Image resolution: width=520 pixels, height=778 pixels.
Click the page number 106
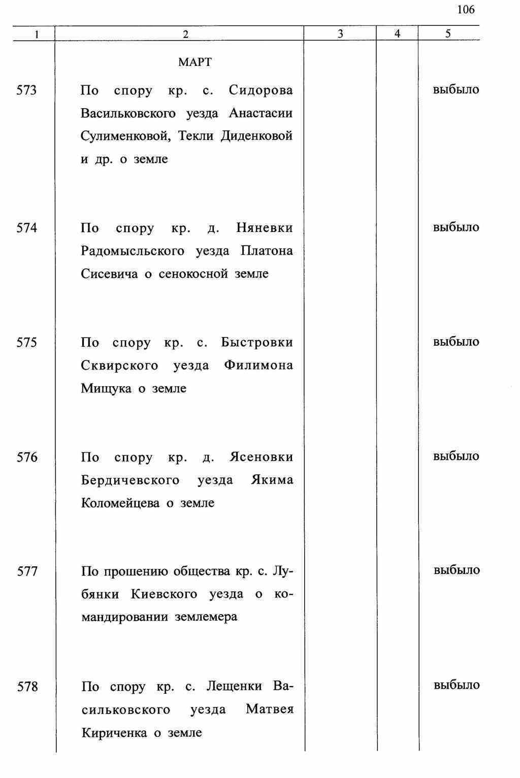pos(466,10)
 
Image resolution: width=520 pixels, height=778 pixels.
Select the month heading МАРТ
pos(195,63)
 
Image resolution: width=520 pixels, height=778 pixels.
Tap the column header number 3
pos(340,34)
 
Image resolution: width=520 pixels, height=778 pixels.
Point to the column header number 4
pos(397,34)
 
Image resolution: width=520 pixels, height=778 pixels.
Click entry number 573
pos(27,90)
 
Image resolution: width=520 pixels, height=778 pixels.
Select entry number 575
pos(27,343)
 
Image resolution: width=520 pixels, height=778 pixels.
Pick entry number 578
pos(27,687)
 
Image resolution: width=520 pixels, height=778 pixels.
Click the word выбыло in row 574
pos(456,227)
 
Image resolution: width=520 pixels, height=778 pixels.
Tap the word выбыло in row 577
pos(457,570)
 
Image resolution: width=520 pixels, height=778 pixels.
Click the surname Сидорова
pos(261,90)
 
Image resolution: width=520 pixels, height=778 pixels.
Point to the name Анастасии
pos(261,113)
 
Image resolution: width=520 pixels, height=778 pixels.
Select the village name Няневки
pos(265,228)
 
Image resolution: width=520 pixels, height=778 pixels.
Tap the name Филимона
pos(258,366)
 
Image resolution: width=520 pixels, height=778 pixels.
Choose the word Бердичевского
pos(130,481)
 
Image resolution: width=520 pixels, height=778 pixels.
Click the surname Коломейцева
pos(120,503)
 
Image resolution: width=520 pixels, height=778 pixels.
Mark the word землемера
pos(206,618)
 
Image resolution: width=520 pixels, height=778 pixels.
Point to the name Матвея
pos(270,709)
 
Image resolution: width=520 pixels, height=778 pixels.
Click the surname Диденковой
pos(256,137)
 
